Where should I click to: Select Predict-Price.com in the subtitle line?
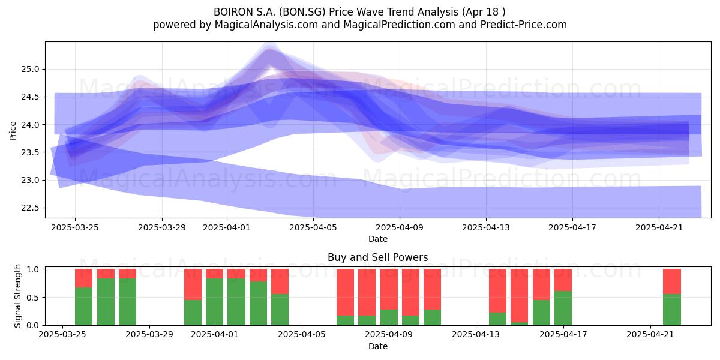point(524,25)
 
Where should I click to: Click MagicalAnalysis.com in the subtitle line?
point(266,25)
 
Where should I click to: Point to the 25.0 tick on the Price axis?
point(30,69)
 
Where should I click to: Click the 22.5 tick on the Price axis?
point(30,208)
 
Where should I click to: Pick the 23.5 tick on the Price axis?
point(30,152)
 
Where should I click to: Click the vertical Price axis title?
point(13,131)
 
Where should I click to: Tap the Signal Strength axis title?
point(17,296)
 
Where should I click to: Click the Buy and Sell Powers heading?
point(377,257)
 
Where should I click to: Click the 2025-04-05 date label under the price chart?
point(313,227)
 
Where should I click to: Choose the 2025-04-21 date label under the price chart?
point(659,227)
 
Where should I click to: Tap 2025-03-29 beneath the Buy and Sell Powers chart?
point(149,334)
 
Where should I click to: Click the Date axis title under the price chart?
point(377,239)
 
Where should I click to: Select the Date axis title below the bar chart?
point(377,346)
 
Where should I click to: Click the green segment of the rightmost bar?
point(672,310)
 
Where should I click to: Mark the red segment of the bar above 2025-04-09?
point(389,289)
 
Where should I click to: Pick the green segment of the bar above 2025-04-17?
point(563,308)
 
